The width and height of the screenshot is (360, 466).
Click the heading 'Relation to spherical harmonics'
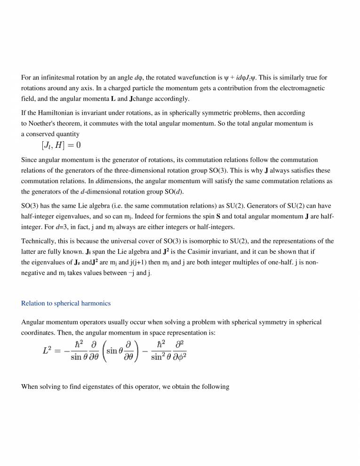(66, 304)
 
